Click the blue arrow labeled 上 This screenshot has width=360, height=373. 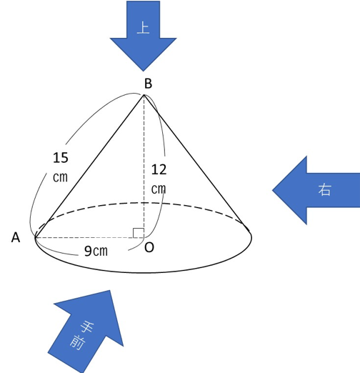pyautogui.click(x=143, y=36)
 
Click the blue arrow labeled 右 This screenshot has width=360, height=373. pyautogui.click(x=316, y=190)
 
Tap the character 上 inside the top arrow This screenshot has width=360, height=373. pyautogui.click(x=143, y=28)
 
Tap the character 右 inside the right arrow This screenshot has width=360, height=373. pyautogui.click(x=324, y=190)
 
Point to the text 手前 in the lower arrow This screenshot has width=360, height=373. pyautogui.click(x=81, y=335)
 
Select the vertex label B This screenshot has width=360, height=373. pyautogui.click(x=148, y=84)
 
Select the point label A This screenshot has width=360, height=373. pyautogui.click(x=16, y=237)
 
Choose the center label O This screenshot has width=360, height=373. pyautogui.click(x=149, y=247)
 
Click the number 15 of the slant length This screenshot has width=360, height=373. pyautogui.click(x=61, y=158)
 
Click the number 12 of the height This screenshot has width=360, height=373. pyautogui.click(x=159, y=170)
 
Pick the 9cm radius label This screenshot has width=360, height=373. pyautogui.click(x=96, y=251)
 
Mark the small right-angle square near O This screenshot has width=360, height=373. pyautogui.click(x=139, y=233)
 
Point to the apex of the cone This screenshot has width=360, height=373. pyautogui.click(x=144, y=95)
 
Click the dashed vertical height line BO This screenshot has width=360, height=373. pyautogui.click(x=144, y=166)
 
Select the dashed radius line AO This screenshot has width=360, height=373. pyautogui.click(x=89, y=237)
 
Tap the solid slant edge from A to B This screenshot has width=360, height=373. pyautogui.click(x=89, y=166)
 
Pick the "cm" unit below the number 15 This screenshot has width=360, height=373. pyautogui.click(x=60, y=177)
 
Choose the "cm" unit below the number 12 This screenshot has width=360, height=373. pyautogui.click(x=159, y=189)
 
